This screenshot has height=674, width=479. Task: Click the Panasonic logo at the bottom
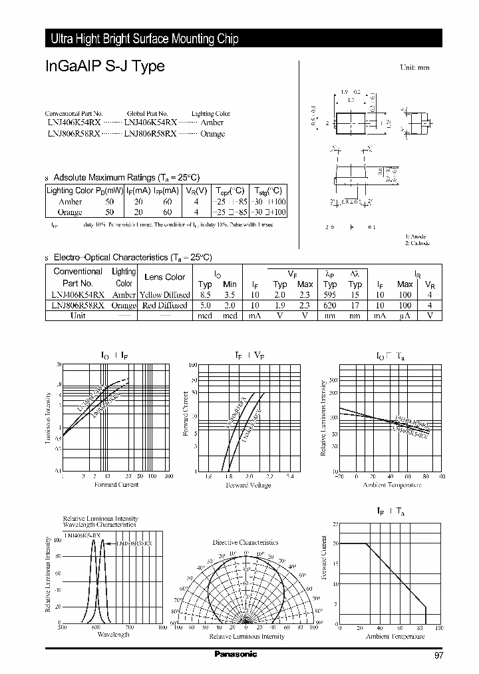(235, 654)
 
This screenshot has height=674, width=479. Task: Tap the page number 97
(438, 655)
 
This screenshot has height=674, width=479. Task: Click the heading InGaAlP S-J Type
(105, 67)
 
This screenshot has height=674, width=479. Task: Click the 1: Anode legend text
(416, 236)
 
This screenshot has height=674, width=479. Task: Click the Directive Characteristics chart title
(245, 543)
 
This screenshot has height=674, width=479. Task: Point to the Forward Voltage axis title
(248, 486)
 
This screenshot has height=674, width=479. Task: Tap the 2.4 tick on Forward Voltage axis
(289, 477)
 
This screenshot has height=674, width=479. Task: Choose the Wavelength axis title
(112, 635)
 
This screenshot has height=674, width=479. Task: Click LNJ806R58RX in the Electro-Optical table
(76, 305)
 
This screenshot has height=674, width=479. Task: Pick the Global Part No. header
(147, 114)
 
